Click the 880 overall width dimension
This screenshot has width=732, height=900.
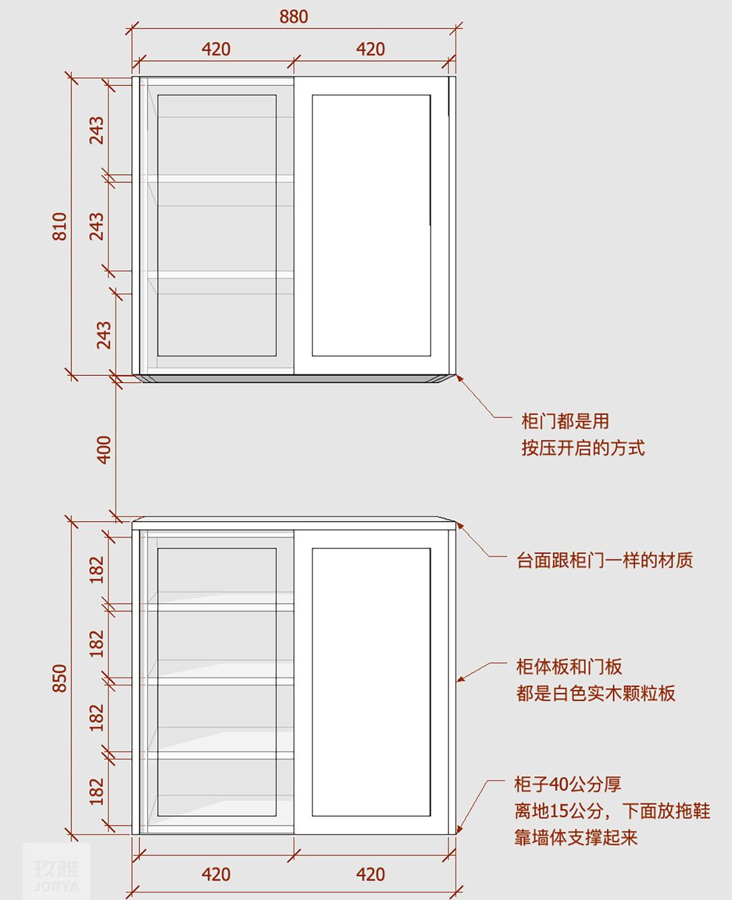click(293, 17)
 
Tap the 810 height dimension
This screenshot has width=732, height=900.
click(60, 226)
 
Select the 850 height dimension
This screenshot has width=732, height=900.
click(60, 678)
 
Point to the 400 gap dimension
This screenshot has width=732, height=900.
click(104, 450)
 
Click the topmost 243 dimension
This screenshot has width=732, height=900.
click(96, 130)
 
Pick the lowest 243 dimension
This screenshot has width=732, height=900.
click(104, 335)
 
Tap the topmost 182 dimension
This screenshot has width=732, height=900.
click(96, 569)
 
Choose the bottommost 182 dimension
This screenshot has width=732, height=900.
click(96, 792)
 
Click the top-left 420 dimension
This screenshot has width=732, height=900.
click(216, 49)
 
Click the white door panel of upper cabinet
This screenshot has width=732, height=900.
click(371, 225)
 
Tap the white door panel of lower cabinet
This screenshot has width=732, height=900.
click(371, 682)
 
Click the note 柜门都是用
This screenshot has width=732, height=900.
click(565, 421)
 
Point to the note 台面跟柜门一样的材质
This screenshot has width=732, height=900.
click(605, 560)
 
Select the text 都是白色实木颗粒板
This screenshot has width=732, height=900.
click(596, 694)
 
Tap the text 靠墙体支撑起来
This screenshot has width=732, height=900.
click(576, 837)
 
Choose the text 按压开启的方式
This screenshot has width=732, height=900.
click(583, 448)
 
